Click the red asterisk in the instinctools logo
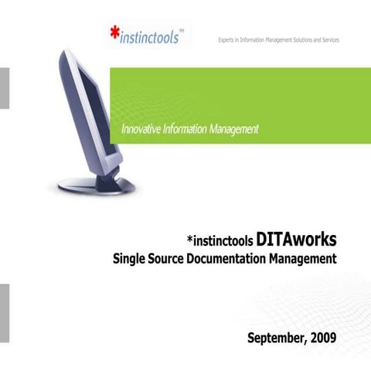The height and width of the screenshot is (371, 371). point(115,35)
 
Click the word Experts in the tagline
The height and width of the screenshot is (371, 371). point(229,39)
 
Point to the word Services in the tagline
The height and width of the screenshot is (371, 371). point(328,39)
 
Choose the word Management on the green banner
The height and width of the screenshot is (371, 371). point(233,128)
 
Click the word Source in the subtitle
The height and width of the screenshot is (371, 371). point(167,257)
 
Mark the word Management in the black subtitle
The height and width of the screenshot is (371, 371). point(302,258)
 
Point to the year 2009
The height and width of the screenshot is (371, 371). point(323,338)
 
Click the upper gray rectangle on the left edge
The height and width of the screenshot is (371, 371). point(4,87)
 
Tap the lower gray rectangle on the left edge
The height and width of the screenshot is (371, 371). point(4,305)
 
